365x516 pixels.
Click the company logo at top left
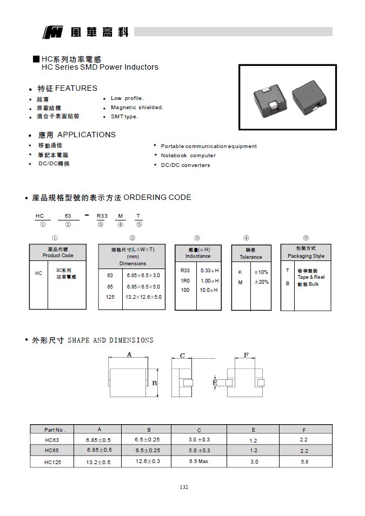coord(53,32)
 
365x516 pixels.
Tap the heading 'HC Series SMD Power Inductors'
coord(99,68)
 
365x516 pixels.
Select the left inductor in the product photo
coord(274,100)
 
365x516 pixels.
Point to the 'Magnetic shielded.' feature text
coord(137,108)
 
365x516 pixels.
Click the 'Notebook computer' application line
coord(188,156)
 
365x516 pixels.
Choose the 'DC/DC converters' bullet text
coord(185,165)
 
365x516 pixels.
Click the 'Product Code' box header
coord(58,252)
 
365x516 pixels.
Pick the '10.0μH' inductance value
coord(209,290)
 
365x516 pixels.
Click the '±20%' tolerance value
coord(261,282)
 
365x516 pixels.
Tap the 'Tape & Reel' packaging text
coord(311,277)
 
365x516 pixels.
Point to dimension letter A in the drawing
coord(129,354)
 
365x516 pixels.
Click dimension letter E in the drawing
coord(215,383)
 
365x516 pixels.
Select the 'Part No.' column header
coord(55,430)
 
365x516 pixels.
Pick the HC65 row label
coord(52,451)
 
